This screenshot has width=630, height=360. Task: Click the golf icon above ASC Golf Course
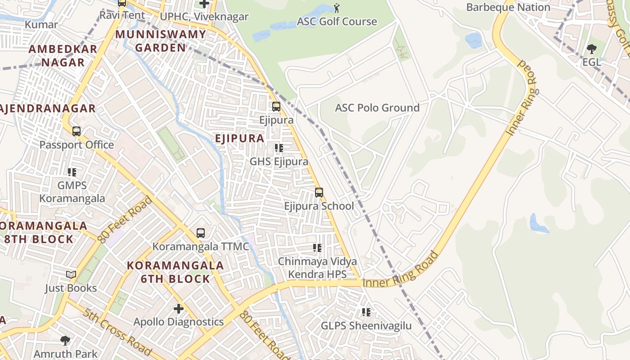[x=337, y=8]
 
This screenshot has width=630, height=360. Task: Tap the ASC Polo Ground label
[x=377, y=108]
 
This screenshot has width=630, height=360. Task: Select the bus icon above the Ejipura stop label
[x=276, y=107]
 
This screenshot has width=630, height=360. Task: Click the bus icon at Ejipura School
[x=319, y=193]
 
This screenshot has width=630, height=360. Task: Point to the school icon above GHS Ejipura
[x=279, y=148]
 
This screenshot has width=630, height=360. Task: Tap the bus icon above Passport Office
[x=76, y=131]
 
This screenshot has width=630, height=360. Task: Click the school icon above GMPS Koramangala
[x=72, y=172]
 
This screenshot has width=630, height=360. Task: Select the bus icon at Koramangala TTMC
[x=201, y=233]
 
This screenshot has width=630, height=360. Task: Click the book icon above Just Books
[x=71, y=274]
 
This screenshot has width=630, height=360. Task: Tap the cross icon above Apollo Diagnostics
[x=179, y=309]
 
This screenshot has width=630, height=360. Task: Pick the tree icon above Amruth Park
[x=65, y=340]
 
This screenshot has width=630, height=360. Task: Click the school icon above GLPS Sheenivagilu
[x=366, y=312]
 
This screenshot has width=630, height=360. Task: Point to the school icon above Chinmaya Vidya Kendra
[x=317, y=248]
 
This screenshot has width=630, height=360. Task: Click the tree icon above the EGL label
[x=591, y=49]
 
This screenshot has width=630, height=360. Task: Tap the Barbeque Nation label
[x=508, y=7]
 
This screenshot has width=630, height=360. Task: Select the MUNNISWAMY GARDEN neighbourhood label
[x=161, y=40]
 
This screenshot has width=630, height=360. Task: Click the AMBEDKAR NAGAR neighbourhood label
[x=63, y=55]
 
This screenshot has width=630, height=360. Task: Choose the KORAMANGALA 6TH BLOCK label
[x=175, y=272]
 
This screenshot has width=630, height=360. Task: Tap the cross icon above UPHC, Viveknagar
[x=204, y=4]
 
